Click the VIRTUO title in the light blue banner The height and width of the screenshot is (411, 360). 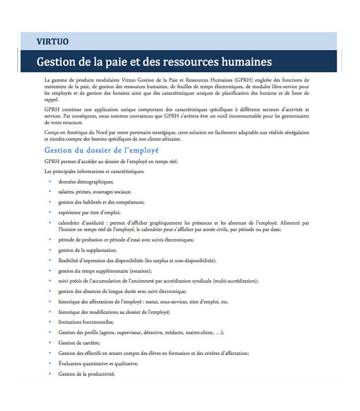click(x=53, y=42)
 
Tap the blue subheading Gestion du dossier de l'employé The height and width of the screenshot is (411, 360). click(x=102, y=150)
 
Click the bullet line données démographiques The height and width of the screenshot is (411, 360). click(x=85, y=181)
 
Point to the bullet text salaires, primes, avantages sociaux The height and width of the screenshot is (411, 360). click(x=95, y=191)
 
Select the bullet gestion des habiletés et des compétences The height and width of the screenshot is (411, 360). click(x=101, y=202)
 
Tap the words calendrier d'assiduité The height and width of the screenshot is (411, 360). click(x=81, y=222)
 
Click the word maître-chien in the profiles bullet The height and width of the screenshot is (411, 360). click(x=194, y=332)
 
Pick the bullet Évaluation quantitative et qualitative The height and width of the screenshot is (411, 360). click(x=99, y=363)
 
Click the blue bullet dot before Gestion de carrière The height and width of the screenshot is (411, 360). click(x=50, y=342)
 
